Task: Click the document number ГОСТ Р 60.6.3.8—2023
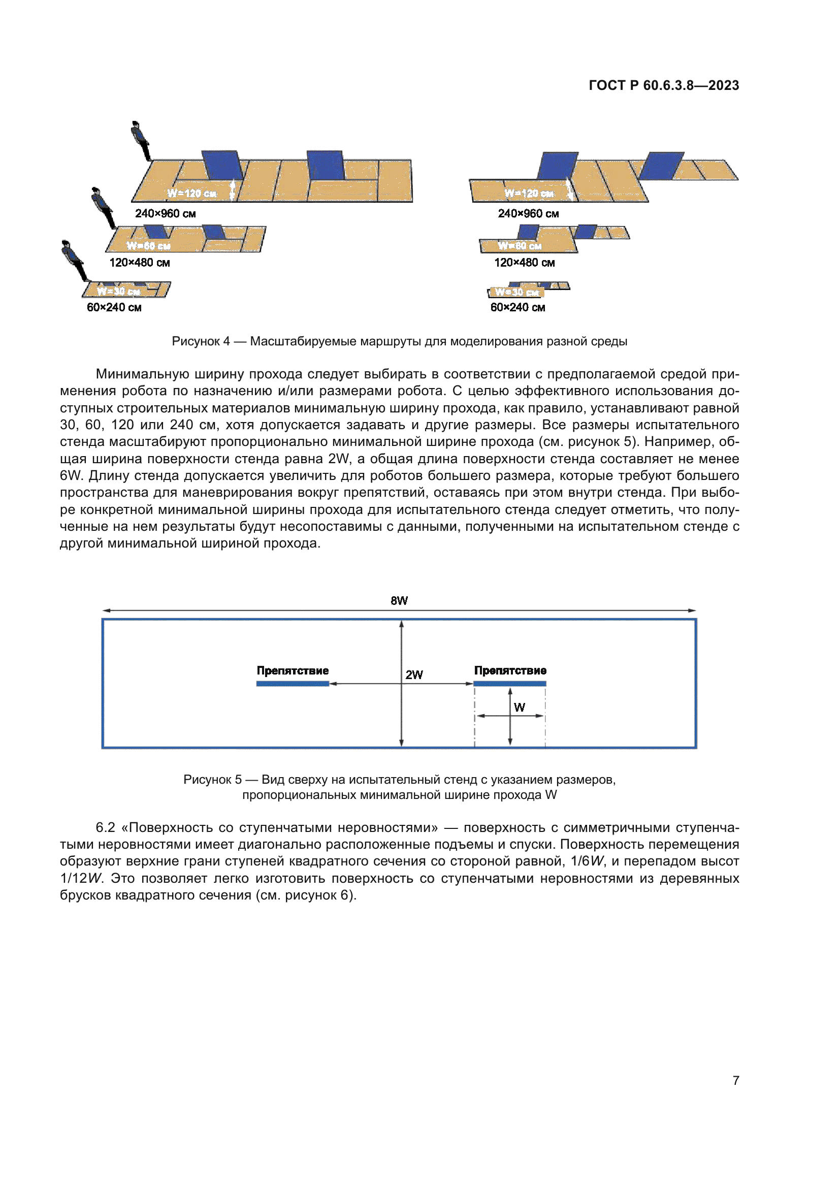664,85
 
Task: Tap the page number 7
735,1080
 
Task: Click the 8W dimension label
399,601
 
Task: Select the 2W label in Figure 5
414,675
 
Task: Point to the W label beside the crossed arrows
520,708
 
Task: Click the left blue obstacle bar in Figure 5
293,684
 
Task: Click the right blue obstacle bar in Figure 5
509,684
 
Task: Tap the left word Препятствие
293,670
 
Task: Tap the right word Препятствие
510,670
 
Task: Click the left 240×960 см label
166,214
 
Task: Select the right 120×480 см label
525,263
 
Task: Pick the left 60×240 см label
114,307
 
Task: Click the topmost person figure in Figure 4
140,140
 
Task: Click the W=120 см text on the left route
192,194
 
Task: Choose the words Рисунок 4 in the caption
201,341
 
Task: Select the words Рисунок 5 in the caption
212,780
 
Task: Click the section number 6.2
105,827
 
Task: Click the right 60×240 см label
518,307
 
